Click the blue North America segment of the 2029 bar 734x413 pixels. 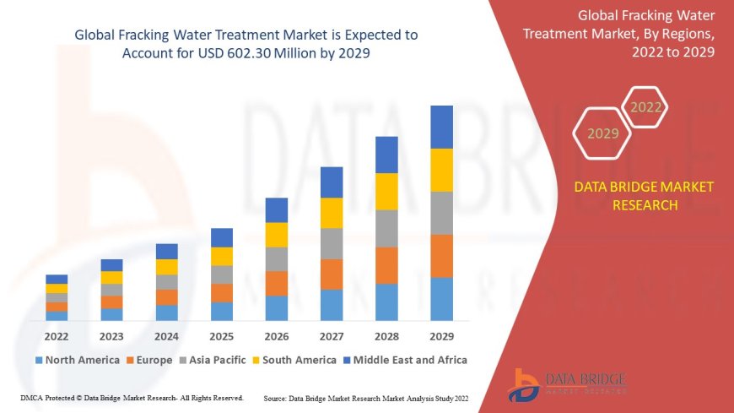(x=441, y=299)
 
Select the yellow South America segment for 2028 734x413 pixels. (x=386, y=191)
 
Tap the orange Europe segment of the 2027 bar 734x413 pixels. (x=332, y=274)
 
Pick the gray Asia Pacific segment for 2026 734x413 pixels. (x=277, y=258)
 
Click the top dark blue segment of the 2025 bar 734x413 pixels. (x=222, y=237)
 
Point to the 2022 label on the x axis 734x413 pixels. (x=57, y=336)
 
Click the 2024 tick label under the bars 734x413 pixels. (x=166, y=336)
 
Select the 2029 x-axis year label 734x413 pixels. (x=441, y=336)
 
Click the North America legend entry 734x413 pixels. (x=77, y=360)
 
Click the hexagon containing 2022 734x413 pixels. (x=646, y=107)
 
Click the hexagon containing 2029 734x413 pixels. (x=602, y=133)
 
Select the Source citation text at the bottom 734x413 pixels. (x=365, y=398)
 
